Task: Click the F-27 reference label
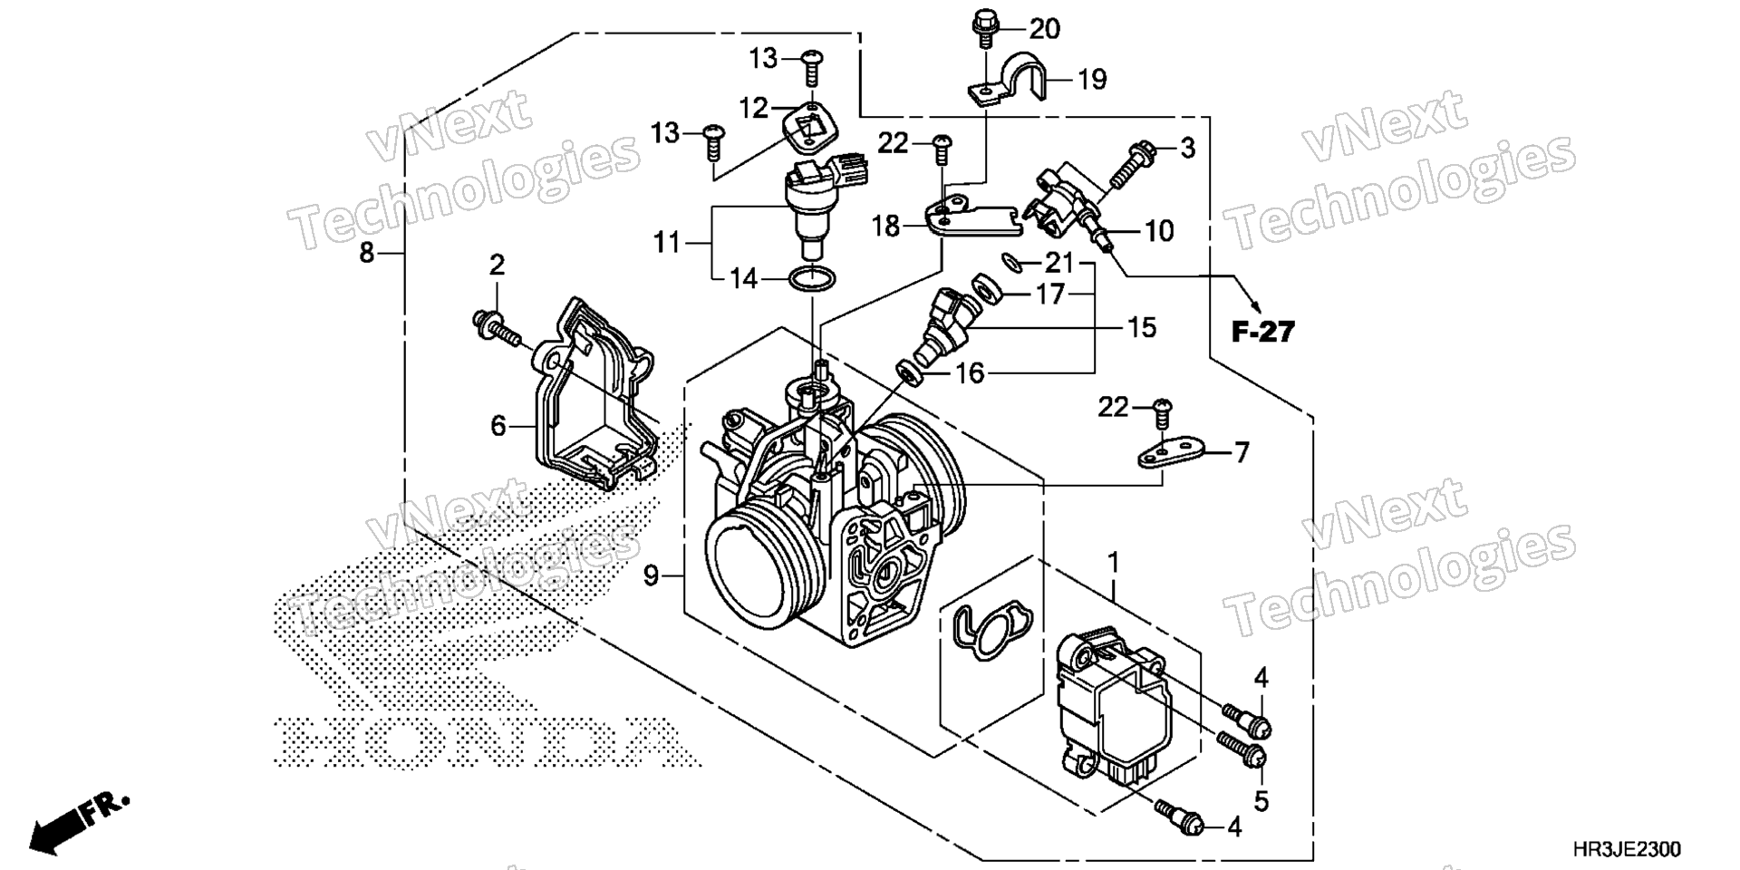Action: pos(1263,333)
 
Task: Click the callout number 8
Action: pos(366,253)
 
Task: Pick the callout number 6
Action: pos(498,425)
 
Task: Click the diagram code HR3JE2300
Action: pos(1626,850)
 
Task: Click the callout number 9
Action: pos(651,575)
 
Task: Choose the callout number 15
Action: pos(1143,327)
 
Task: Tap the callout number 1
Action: pos(1113,564)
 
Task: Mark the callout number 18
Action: pos(886,227)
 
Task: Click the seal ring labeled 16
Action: pos(909,371)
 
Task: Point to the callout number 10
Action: pos(1159,231)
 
